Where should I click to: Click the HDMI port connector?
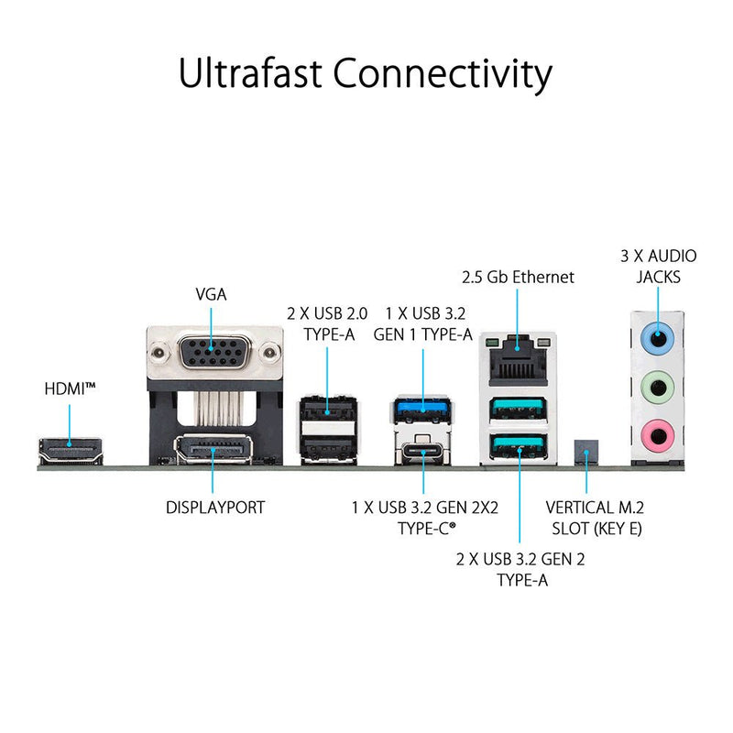[71, 450]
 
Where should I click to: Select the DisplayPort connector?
[213, 449]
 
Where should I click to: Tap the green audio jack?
[658, 387]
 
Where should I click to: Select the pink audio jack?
[658, 436]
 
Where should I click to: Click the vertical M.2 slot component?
[586, 451]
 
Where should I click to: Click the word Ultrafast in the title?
[250, 72]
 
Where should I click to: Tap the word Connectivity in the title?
[443, 75]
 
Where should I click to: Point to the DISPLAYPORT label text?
[215, 508]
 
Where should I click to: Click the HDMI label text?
[71, 388]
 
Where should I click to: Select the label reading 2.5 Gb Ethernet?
[518, 278]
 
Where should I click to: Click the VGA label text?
[212, 294]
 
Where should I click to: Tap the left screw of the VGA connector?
[159, 352]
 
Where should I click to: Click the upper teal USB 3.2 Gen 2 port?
[518, 409]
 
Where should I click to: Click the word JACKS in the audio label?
[658, 278]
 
